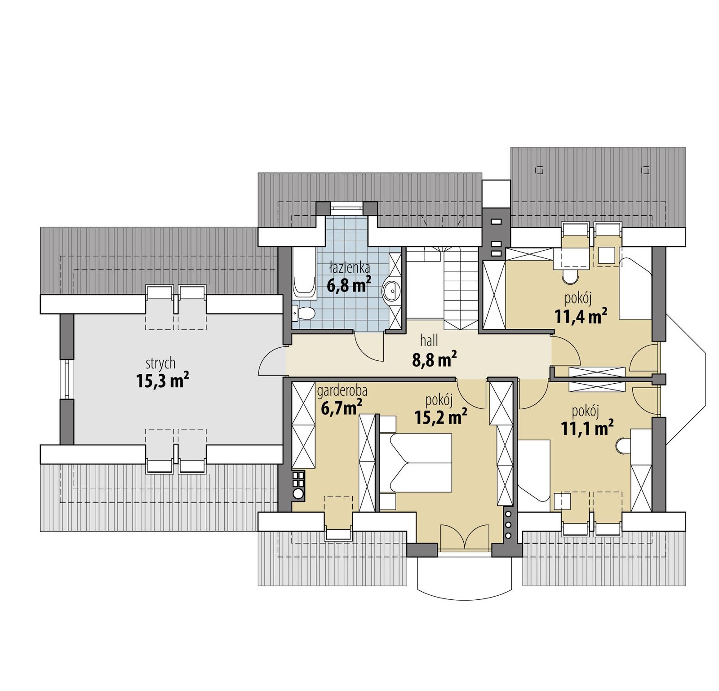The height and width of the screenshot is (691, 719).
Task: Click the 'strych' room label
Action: [160, 363]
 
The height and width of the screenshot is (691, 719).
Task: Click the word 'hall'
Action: [429, 341]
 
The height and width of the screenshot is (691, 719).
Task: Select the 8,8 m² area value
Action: [434, 359]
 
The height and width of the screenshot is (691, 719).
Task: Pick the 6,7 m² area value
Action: [342, 408]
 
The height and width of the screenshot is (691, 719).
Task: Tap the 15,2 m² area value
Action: [440, 417]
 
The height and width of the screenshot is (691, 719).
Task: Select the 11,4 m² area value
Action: [581, 316]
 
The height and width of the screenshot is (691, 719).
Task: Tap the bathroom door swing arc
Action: [369, 346]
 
